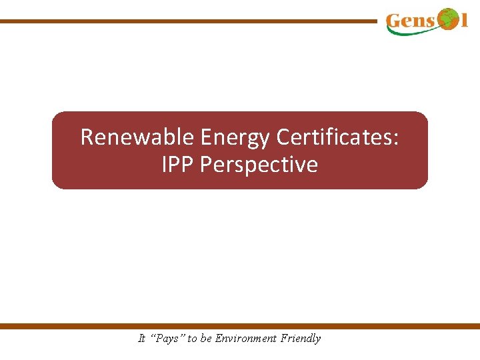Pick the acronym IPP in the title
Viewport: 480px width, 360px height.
click(178, 165)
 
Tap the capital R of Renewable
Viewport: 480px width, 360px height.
click(87, 137)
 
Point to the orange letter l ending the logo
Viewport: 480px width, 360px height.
click(465, 21)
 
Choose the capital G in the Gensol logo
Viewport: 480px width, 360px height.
click(394, 21)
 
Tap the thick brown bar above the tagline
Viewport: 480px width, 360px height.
click(240, 326)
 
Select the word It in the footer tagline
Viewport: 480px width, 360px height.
click(141, 339)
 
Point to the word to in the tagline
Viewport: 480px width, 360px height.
click(192, 339)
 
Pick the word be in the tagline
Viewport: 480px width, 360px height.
click(206, 339)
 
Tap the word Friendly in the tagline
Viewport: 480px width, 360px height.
click(300, 339)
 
